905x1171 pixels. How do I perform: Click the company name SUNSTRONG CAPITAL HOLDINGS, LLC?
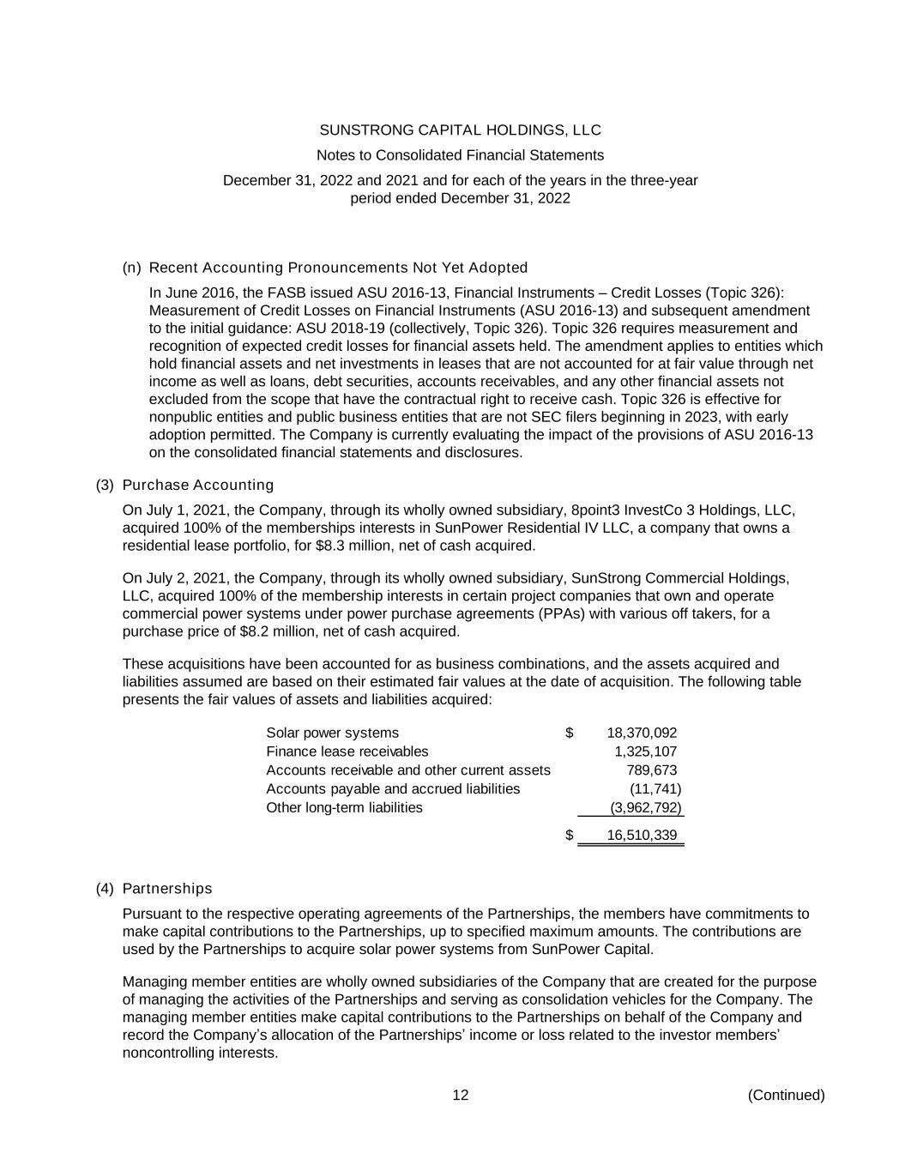tap(460, 130)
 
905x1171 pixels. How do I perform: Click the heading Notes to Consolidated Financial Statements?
tap(460, 155)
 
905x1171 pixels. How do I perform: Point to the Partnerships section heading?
tap(167, 888)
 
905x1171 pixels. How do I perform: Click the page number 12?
tap(461, 1095)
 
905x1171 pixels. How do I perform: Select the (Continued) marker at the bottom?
tap(786, 1095)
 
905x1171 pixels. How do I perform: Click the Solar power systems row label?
tap(332, 733)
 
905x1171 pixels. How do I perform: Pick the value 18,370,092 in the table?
tap(642, 733)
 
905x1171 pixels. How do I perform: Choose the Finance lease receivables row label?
tap(347, 751)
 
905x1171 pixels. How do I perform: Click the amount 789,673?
tap(651, 770)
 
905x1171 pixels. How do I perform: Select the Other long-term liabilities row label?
tap(344, 807)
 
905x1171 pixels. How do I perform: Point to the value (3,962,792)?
tap(645, 807)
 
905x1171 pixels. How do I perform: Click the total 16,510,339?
tap(642, 836)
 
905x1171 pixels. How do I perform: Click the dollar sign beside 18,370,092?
tap(570, 733)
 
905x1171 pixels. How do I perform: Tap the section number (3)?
tap(105, 485)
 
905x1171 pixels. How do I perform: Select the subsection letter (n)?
tap(132, 268)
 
